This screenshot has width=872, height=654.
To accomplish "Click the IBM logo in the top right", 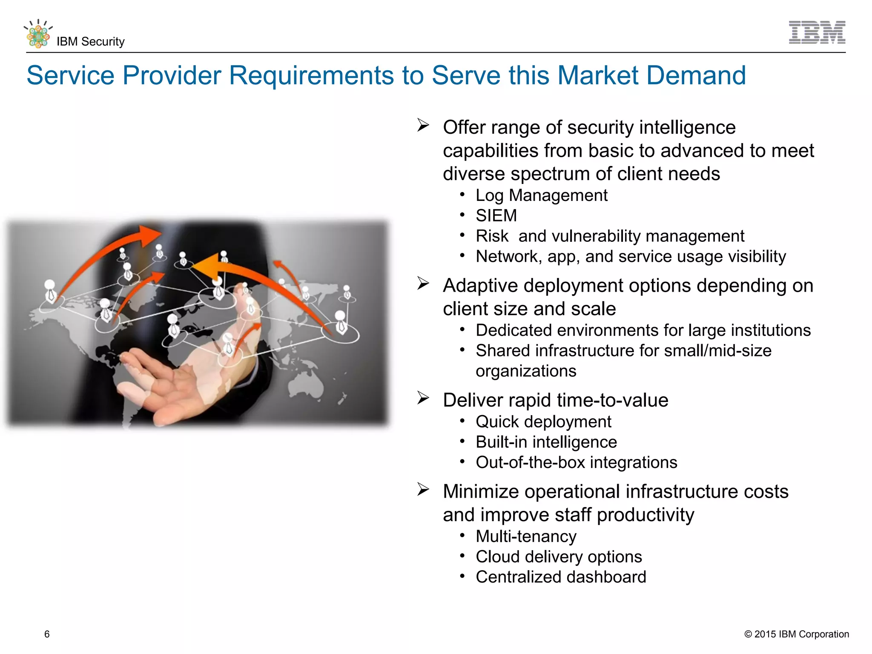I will (817, 32).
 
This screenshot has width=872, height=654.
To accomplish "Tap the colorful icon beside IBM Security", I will (38, 34).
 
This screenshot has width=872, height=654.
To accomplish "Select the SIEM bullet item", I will (496, 216).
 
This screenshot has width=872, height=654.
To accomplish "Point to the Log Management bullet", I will (541, 195).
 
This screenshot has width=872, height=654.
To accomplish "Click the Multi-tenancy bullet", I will (526, 536).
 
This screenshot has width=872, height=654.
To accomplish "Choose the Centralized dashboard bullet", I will (561, 577).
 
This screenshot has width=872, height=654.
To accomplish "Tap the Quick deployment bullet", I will (543, 422).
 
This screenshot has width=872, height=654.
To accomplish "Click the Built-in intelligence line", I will (546, 442).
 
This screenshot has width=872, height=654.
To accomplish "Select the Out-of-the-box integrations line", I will (576, 462).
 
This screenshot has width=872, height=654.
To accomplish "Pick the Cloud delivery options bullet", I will (559, 557).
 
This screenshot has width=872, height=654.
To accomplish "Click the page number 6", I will (47, 634).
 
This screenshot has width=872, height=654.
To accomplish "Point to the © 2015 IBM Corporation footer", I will (796, 634).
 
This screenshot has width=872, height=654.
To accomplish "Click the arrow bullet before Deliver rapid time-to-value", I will (423, 398).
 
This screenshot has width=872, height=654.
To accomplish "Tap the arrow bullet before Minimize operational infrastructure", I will (423, 490).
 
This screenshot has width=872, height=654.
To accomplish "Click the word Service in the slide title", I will (70, 75).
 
